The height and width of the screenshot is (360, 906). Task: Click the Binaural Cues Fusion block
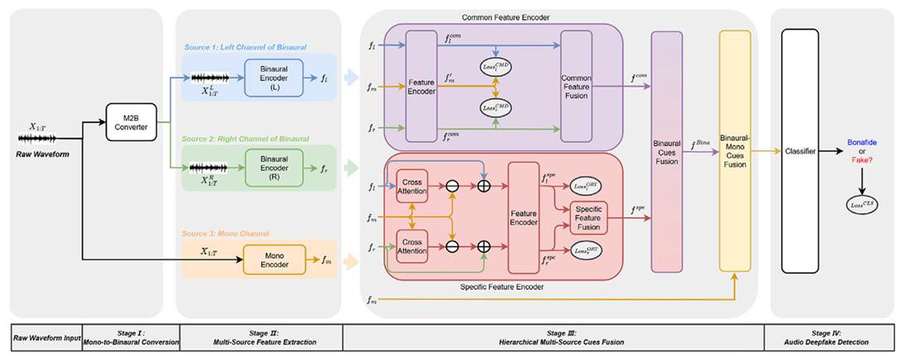(666, 151)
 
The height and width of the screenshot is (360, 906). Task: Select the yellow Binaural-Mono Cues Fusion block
(734, 151)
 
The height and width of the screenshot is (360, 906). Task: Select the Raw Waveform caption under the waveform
(41, 155)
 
